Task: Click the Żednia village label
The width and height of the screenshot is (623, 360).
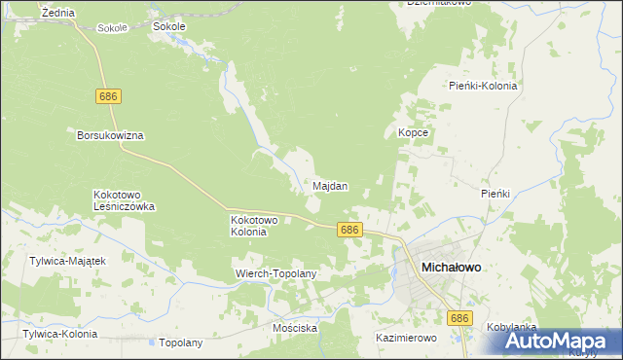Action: (x=59, y=12)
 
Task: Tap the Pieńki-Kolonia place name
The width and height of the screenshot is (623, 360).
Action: (x=484, y=86)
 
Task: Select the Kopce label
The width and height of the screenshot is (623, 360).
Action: (x=414, y=131)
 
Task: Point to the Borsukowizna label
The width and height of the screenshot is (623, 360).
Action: (x=110, y=135)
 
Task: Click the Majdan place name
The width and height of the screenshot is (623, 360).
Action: (x=331, y=185)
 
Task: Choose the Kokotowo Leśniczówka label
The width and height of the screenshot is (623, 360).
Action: (x=124, y=200)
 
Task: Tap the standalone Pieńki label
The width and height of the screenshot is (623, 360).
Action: (x=495, y=194)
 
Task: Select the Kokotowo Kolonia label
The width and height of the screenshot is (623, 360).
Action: (x=254, y=226)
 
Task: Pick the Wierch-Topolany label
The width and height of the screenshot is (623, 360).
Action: (x=276, y=273)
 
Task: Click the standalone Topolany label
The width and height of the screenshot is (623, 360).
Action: (x=180, y=342)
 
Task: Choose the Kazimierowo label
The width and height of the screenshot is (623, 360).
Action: (x=406, y=338)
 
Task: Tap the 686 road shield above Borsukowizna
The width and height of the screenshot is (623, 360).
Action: (x=109, y=96)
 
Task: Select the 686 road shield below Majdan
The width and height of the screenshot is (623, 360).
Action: (x=350, y=230)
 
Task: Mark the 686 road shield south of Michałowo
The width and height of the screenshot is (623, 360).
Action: (x=459, y=318)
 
